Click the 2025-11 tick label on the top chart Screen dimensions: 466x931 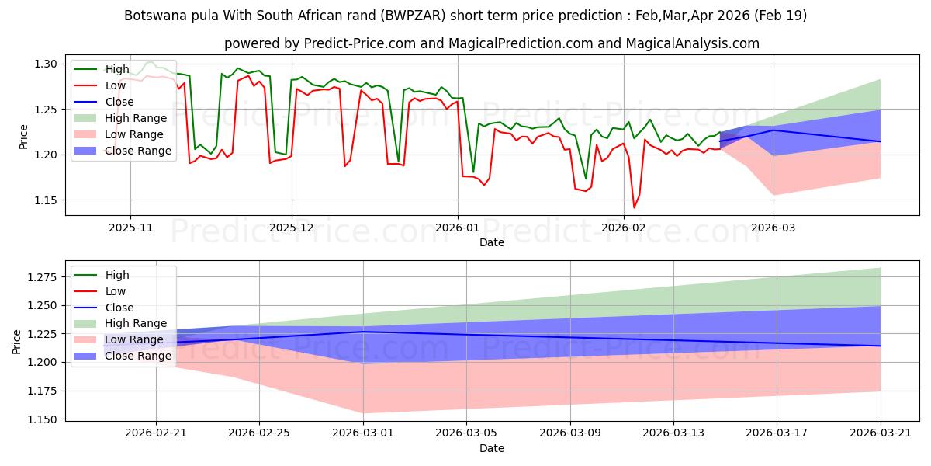(130, 228)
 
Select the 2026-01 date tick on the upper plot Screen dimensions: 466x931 (458, 228)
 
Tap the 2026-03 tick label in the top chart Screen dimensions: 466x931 (774, 228)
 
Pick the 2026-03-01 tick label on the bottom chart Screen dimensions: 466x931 (363, 433)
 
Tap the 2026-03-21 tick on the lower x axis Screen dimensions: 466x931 (881, 433)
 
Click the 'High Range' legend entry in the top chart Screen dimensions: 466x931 (135, 118)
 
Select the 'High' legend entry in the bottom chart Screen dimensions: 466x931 (116, 275)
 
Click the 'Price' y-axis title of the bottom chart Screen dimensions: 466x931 (17, 341)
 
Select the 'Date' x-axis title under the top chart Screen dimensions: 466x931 (492, 242)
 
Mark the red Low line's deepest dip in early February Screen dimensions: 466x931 (634, 207)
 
